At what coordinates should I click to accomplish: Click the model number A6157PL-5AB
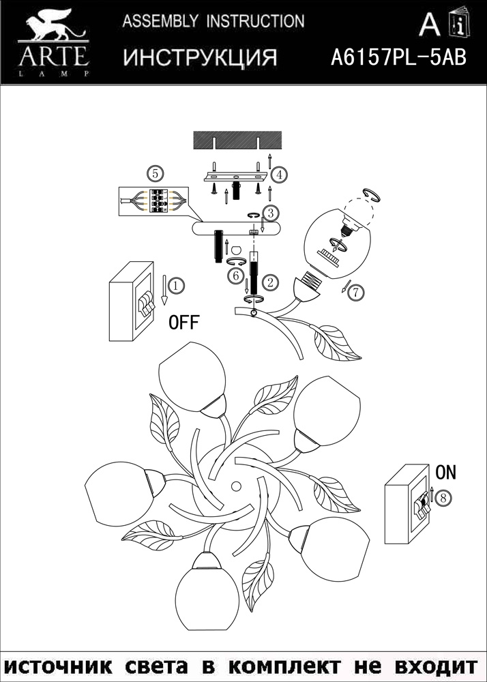398,57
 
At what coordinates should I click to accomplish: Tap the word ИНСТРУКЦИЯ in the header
200,58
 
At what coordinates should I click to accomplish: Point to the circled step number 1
176,286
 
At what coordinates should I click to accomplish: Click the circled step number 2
271,281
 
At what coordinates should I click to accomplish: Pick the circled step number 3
271,214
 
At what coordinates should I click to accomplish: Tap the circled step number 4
278,174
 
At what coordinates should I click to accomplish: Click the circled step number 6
236,276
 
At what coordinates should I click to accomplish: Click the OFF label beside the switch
184,323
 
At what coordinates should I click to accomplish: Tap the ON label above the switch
445,472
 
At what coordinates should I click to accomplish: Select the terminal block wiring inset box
153,201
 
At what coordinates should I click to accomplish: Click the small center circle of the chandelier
236,486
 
